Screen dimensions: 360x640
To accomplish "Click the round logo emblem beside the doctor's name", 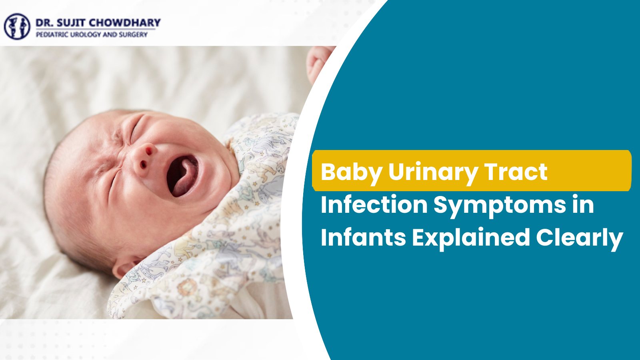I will pos(17,26).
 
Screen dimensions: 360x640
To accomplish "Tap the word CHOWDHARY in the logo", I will pos(124,22).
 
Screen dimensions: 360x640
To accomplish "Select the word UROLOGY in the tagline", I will pos(86,35).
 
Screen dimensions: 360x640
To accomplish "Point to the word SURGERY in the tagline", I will pos(133,35).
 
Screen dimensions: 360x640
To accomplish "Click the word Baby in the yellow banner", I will pos(351,172).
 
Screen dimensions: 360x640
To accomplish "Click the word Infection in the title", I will pos(374,205).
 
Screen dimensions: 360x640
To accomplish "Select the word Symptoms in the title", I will pos(500,206).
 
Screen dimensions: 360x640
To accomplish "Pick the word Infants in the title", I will pos(363,238).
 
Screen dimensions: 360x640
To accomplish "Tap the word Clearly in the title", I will pos(579,238).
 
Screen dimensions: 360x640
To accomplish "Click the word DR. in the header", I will pos(44,23).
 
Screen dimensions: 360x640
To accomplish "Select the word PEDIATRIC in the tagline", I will pos(52,35).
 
